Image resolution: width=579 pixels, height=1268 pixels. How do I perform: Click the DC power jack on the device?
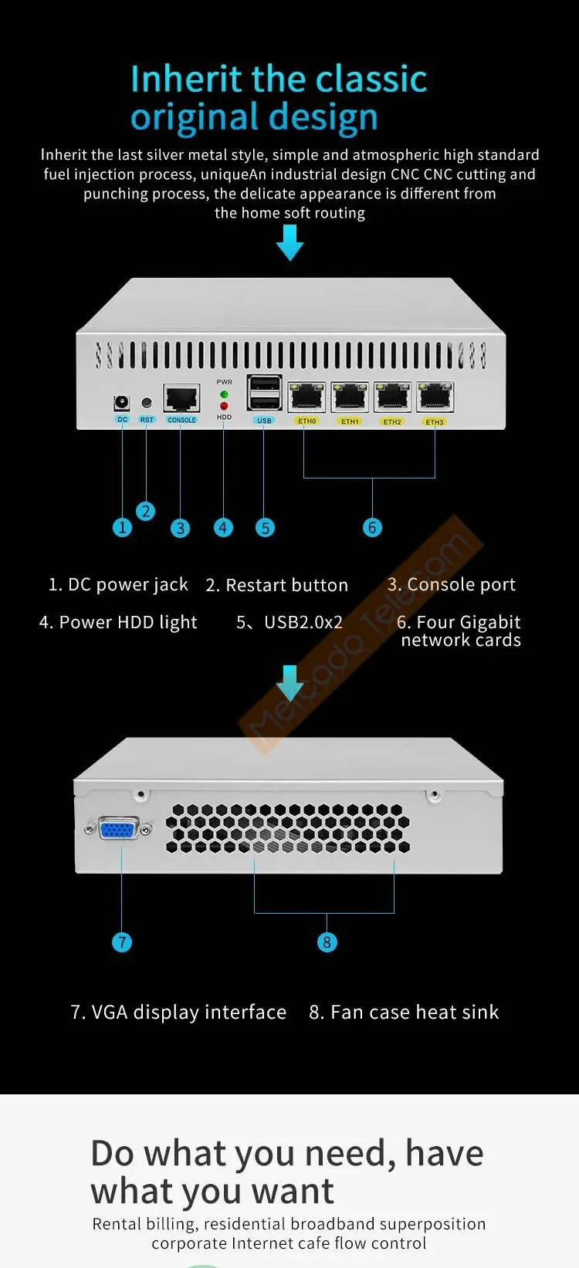click(x=121, y=403)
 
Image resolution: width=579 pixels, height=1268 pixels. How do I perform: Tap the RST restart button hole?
click(x=147, y=403)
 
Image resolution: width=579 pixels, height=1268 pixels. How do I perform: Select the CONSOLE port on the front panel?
click(x=181, y=398)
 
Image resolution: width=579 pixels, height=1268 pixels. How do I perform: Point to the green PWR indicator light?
click(x=224, y=394)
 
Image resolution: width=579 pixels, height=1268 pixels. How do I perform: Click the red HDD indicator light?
click(x=224, y=406)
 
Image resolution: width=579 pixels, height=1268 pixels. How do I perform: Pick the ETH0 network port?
click(x=306, y=398)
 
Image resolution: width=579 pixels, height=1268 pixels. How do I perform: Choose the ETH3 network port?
click(x=435, y=398)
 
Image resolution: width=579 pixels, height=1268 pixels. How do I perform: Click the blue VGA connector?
click(x=118, y=830)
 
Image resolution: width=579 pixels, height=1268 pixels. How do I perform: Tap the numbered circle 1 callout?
click(x=122, y=527)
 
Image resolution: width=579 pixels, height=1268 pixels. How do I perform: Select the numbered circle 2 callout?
click(x=145, y=511)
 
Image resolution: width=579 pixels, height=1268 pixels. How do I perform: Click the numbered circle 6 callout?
click(x=372, y=527)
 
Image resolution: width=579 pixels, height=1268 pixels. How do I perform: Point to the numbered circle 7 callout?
click(x=122, y=942)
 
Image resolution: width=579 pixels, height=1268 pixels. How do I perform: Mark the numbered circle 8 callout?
click(x=327, y=942)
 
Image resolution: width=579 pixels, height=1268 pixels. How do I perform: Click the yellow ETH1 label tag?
click(x=350, y=421)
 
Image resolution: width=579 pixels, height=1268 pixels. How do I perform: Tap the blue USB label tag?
click(x=264, y=421)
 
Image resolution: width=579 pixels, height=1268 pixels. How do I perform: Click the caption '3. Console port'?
click(x=451, y=584)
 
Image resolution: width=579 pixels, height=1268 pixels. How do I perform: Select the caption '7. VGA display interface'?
click(x=178, y=1012)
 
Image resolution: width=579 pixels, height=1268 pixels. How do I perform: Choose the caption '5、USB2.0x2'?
click(x=289, y=622)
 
